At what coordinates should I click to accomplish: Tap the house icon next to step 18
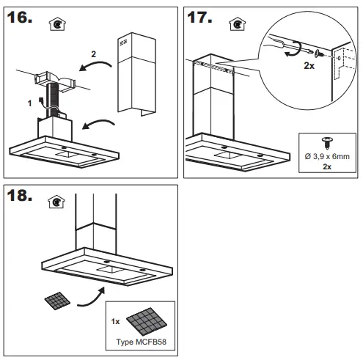pyautogui.click(x=54, y=202)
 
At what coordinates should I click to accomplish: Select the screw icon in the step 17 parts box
pyautogui.click(x=327, y=142)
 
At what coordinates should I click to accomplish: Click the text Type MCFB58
pyautogui.click(x=140, y=342)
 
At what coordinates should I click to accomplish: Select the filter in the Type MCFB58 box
pyautogui.click(x=147, y=320)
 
